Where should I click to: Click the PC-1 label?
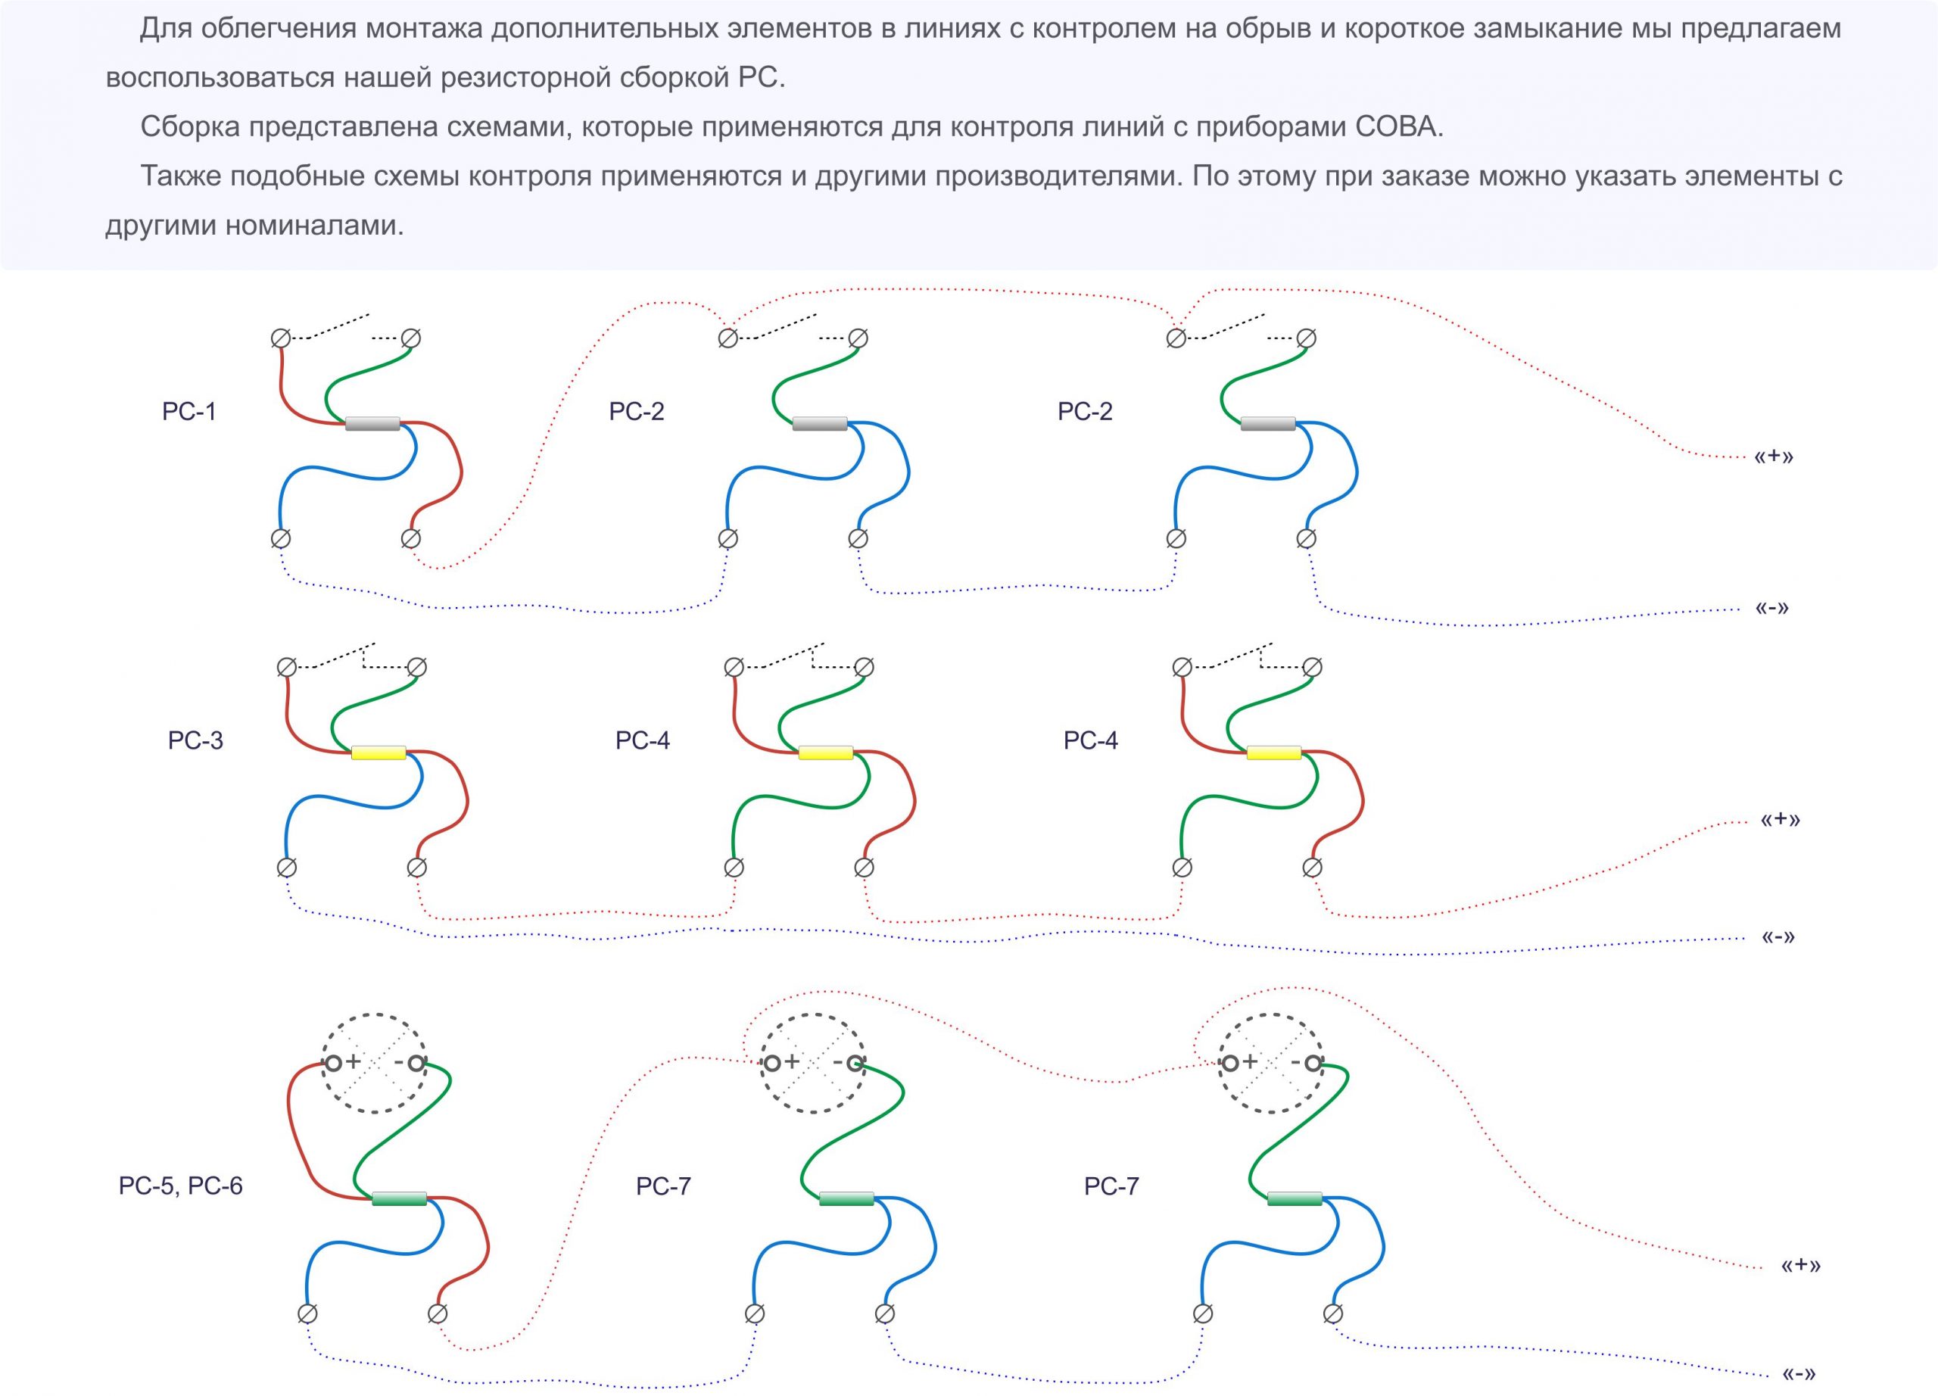tap(189, 411)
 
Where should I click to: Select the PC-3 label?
tap(195, 740)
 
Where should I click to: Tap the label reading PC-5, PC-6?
tap(180, 1185)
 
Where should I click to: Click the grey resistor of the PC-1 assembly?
tap(372, 423)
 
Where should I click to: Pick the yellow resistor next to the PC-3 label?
tap(379, 753)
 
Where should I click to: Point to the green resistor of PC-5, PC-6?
tap(399, 1198)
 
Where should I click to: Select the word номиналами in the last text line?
tap(314, 226)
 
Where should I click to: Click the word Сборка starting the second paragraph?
tap(191, 126)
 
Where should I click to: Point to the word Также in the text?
tap(181, 176)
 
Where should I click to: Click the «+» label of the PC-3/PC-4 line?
tap(1780, 819)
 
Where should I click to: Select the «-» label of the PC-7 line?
tap(1799, 1374)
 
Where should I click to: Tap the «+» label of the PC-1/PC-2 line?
tap(1774, 457)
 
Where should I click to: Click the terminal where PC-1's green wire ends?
tap(410, 338)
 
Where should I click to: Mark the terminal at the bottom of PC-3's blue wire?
tap(287, 867)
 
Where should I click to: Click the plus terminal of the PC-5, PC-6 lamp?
tap(332, 1063)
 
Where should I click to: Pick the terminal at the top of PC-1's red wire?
tap(280, 338)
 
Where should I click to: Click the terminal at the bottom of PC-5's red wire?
tap(438, 1313)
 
